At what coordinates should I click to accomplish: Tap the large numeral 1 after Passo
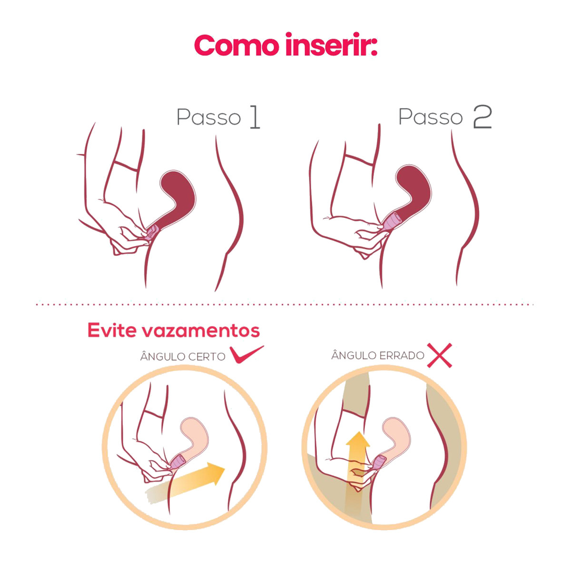pyautogui.click(x=255, y=118)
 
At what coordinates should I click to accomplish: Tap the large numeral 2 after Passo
pyautogui.click(x=482, y=117)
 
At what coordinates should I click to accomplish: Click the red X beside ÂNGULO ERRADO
pyautogui.click(x=439, y=355)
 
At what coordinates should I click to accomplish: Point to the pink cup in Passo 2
pyautogui.click(x=393, y=222)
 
